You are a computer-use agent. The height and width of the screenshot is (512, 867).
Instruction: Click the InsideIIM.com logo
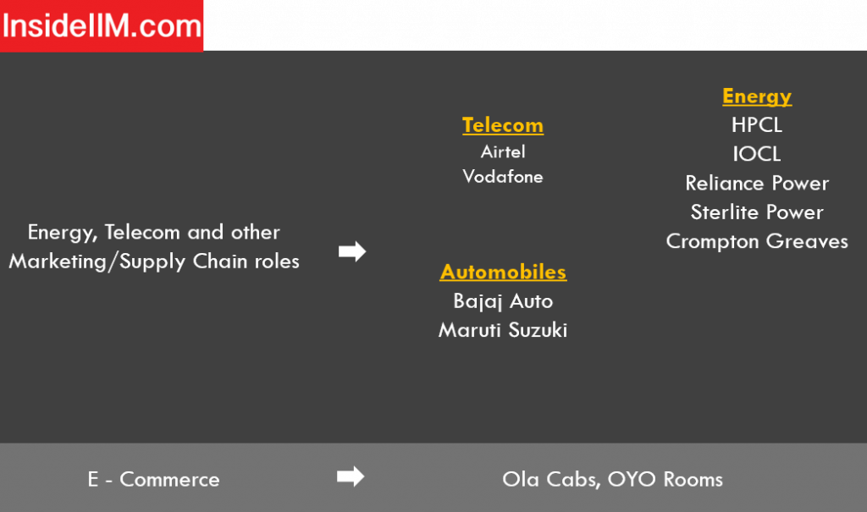(102, 26)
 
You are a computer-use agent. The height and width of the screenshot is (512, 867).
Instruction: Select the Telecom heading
(503, 125)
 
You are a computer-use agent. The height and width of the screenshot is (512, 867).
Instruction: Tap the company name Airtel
(503, 151)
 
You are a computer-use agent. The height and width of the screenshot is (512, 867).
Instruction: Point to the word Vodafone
(503, 176)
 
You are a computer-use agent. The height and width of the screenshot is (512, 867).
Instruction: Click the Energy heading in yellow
(757, 96)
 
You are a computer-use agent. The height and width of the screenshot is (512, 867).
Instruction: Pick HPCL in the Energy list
(757, 125)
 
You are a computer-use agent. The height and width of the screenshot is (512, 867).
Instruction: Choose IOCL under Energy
(757, 154)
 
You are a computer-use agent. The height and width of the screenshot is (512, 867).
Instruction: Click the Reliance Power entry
(757, 183)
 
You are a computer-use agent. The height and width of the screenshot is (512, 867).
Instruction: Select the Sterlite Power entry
(757, 212)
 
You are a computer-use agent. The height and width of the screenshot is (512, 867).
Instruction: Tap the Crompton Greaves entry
(757, 241)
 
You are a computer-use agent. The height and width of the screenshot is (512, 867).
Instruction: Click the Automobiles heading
(503, 272)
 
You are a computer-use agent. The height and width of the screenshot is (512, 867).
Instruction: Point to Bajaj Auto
(503, 301)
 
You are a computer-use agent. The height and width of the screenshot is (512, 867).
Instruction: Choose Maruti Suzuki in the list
(503, 330)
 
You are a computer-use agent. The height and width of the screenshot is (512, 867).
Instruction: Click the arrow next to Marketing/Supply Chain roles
(352, 251)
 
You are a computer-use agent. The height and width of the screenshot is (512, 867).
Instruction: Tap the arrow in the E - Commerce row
(351, 476)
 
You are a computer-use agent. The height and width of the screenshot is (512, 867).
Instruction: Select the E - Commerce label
(154, 479)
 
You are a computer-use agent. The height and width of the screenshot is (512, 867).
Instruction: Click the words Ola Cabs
(551, 479)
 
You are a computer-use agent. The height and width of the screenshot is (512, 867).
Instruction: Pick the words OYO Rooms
(665, 479)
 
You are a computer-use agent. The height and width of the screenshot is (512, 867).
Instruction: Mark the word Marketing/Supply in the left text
(97, 262)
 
